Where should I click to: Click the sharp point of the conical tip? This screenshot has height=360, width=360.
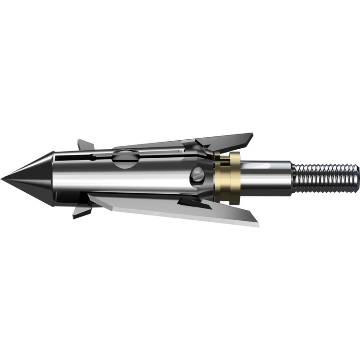point(2,179)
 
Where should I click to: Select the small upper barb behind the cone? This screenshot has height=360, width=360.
point(85,145)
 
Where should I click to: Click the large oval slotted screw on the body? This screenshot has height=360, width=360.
point(126,158)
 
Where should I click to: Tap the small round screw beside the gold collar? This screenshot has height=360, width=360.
point(198,177)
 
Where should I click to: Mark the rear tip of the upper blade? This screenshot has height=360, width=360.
point(252,135)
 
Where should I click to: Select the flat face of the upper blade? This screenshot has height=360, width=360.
point(223,142)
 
